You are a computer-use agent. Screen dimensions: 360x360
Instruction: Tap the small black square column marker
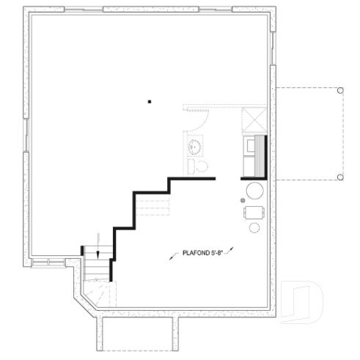pyautogui.click(x=149, y=102)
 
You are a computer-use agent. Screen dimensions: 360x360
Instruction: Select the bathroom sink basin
pyautogui.click(x=195, y=147)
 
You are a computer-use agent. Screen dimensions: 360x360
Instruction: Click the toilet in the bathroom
pyautogui.click(x=202, y=166)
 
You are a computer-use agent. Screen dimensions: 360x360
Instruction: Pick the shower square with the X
pyautogui.click(x=254, y=119)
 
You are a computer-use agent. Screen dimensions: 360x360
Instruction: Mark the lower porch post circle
pyautogui.click(x=340, y=177)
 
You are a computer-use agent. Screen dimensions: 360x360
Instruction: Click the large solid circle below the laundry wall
pyautogui.click(x=254, y=192)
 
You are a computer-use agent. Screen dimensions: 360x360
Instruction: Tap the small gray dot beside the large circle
pyautogui.click(x=242, y=199)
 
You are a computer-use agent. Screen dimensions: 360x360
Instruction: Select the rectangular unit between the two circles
pyautogui.click(x=254, y=213)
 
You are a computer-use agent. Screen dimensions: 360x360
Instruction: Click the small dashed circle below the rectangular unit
pyautogui.click(x=254, y=228)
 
